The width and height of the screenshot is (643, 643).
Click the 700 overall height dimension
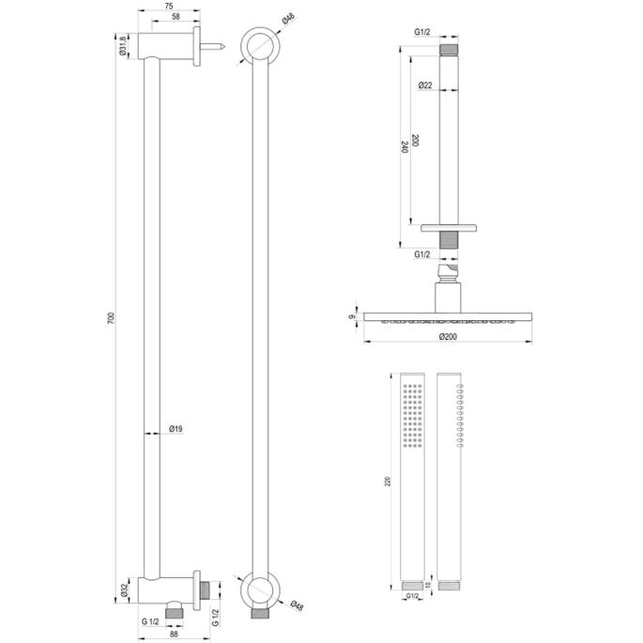tap(111, 320)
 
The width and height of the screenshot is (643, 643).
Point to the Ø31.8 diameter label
tap(124, 44)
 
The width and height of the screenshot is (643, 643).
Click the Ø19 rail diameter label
tap(175, 430)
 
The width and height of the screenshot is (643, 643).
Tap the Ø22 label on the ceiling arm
tap(425, 85)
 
